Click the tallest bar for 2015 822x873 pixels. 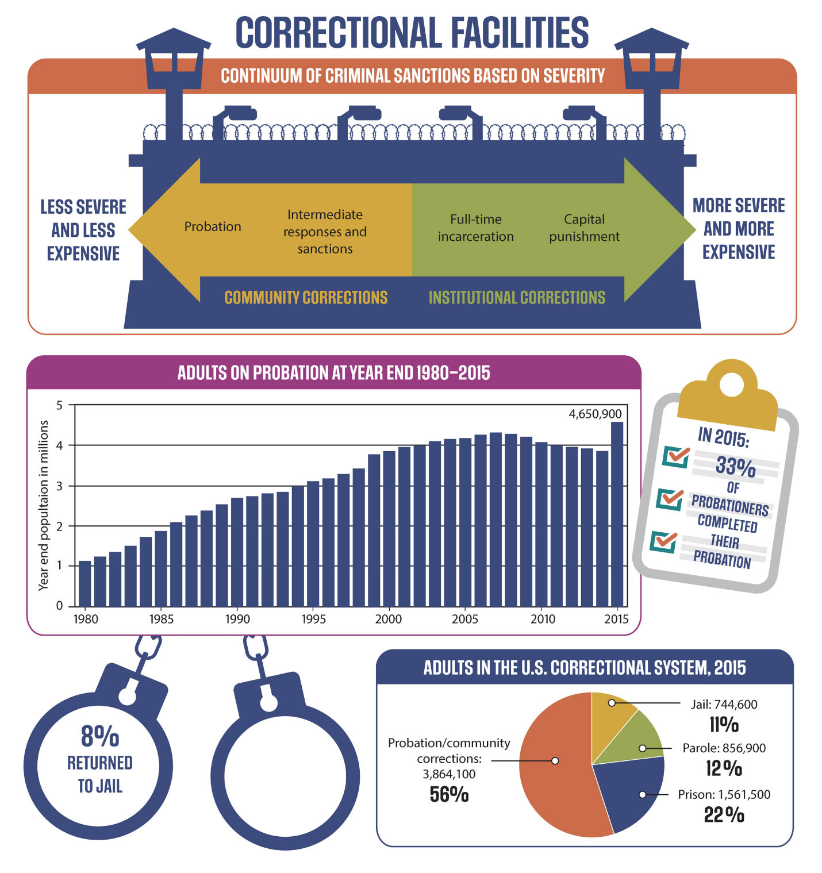[x=617, y=514]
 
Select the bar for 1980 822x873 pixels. [x=84, y=583]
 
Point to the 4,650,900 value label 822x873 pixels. [x=595, y=414]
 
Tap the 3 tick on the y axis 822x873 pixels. [x=60, y=486]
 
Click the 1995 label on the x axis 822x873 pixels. [x=313, y=619]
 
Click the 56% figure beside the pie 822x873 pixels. [x=449, y=795]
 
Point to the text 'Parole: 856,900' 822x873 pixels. [x=724, y=748]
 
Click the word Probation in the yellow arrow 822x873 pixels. [x=213, y=227]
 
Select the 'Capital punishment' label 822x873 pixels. [x=584, y=228]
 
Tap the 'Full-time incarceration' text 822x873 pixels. [x=476, y=228]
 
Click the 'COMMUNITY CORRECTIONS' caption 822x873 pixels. [x=306, y=298]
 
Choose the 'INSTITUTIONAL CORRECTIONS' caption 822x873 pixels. [x=517, y=298]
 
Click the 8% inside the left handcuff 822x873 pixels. [x=100, y=736]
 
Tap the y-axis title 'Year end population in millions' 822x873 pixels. [x=44, y=505]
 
